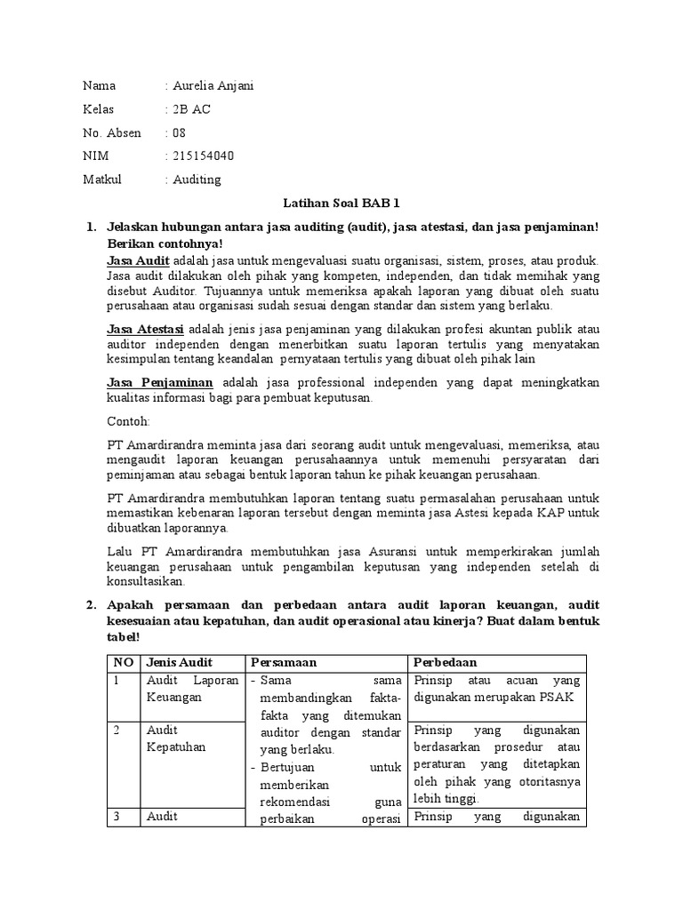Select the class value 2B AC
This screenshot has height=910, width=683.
191,109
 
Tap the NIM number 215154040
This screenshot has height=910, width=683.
204,156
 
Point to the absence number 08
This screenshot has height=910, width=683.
180,133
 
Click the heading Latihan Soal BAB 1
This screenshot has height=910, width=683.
341,204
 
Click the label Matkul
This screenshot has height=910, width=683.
102,180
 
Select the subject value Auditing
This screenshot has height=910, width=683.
197,180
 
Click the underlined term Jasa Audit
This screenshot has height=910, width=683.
138,260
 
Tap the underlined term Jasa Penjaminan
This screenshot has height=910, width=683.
159,382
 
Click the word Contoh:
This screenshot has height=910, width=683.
128,421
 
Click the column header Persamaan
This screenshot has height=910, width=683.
284,663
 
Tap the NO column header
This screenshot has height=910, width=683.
122,663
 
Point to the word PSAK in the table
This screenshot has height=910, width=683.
554,698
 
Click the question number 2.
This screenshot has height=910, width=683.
90,605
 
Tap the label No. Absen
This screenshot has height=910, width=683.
112,133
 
